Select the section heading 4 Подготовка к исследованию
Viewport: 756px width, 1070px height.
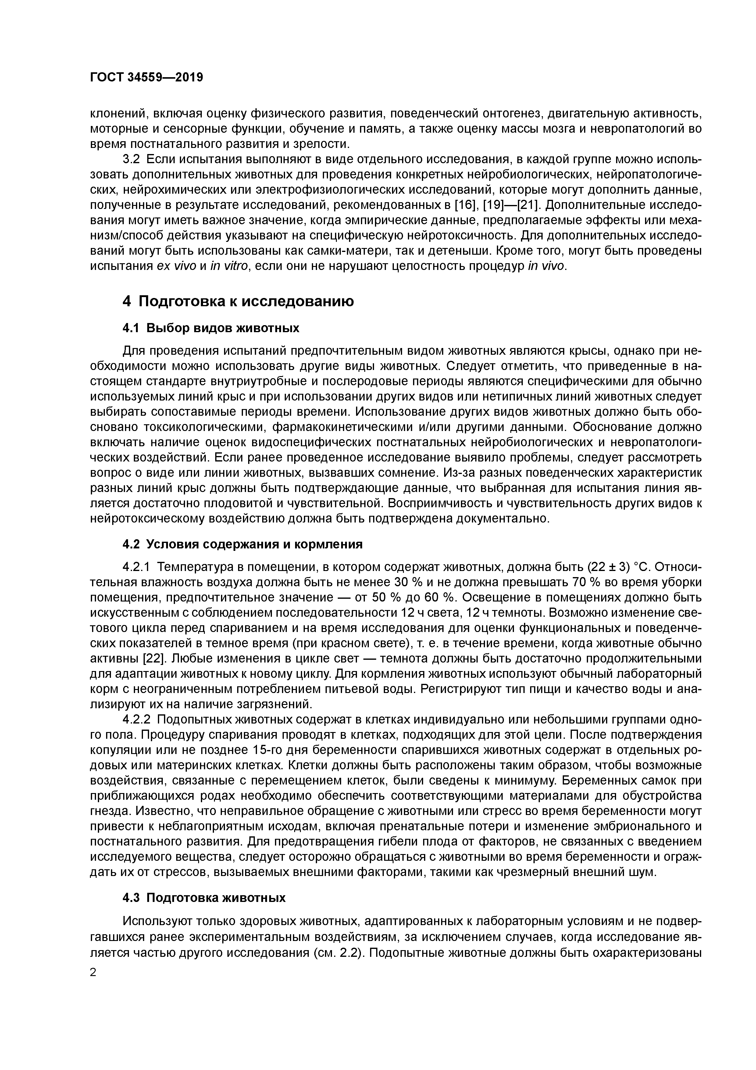(238, 302)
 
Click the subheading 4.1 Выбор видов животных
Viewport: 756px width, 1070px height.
(211, 328)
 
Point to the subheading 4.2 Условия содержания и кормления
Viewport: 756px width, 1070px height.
(242, 544)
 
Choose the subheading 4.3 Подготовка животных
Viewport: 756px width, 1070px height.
(204, 898)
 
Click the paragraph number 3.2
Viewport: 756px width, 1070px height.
(131, 160)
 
